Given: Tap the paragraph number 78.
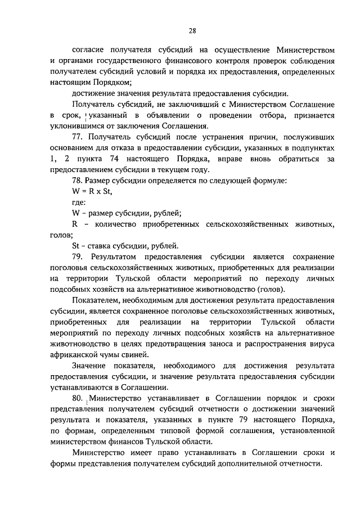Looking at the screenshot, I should point(79,181).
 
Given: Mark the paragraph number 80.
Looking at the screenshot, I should point(79,398).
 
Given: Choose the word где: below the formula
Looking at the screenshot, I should point(79,202).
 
